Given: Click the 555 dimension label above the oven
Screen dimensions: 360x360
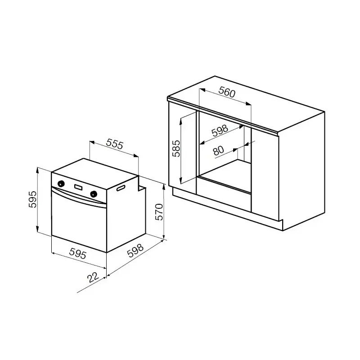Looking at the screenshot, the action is [x=115, y=144].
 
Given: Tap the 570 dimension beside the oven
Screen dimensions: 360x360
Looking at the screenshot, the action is [x=159, y=212].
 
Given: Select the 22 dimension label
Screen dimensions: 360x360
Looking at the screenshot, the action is [x=93, y=277].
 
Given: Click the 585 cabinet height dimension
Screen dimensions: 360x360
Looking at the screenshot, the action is [x=176, y=148].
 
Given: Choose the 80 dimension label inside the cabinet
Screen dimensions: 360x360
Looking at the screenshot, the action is [x=218, y=150].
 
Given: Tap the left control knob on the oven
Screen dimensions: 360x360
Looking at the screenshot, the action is [x=61, y=184].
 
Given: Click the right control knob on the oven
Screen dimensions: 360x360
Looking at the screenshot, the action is [x=94, y=194].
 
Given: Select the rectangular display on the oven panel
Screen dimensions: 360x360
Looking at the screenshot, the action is [x=78, y=187].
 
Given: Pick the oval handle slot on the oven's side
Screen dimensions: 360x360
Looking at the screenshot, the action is [x=121, y=188].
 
